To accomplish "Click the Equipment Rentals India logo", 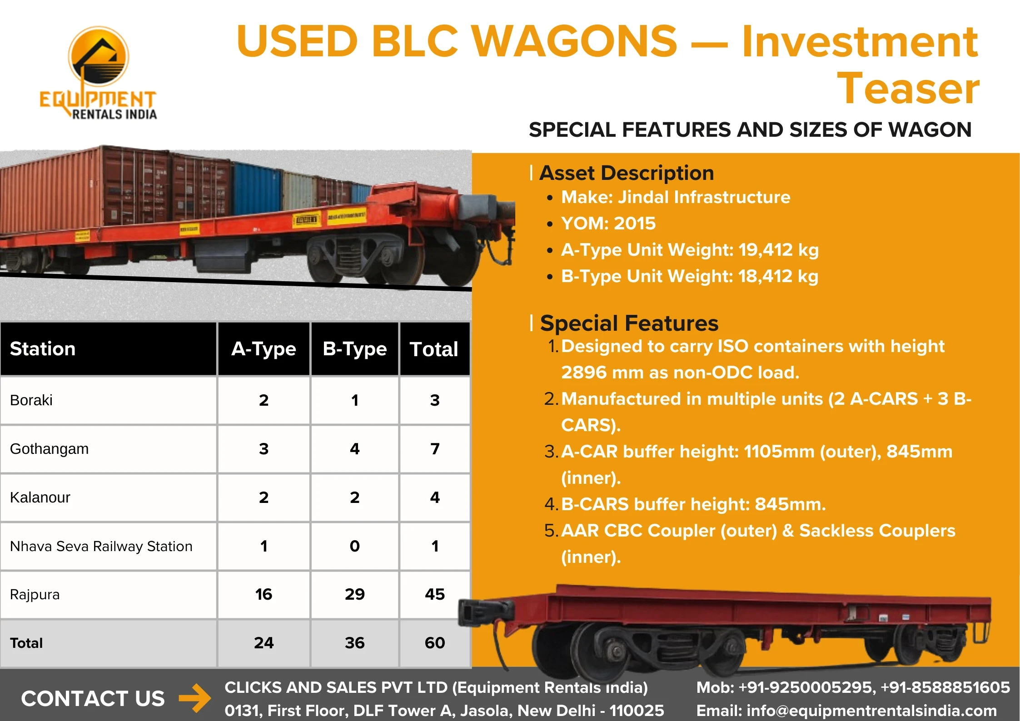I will (x=98, y=73).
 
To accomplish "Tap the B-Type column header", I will (x=354, y=349).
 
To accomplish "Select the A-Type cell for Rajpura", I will (x=264, y=594).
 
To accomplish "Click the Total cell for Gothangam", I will (x=435, y=449).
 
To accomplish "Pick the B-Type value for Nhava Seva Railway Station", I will (x=354, y=546).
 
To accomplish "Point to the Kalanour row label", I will (x=40, y=497).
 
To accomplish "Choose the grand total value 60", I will (x=435, y=643).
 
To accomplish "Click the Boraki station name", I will (x=31, y=400).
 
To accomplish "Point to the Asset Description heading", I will (x=627, y=173).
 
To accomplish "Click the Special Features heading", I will (x=629, y=323).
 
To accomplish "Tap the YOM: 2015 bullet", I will (x=608, y=224).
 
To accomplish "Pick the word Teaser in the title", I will (x=908, y=89).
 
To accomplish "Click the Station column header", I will (x=43, y=349).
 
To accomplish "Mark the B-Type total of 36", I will (x=354, y=643).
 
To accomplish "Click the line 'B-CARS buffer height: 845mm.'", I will (x=693, y=504).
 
